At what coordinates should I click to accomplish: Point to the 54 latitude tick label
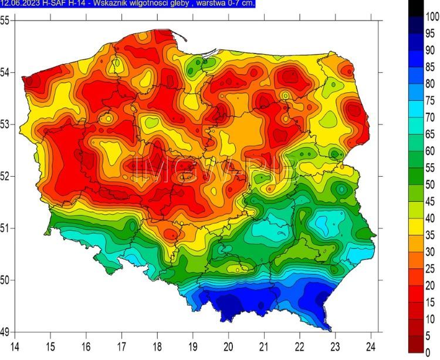tap(5, 73)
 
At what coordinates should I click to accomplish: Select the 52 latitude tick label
tap(5, 176)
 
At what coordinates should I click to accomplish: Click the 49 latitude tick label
tap(5, 332)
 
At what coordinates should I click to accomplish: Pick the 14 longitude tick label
tap(15, 345)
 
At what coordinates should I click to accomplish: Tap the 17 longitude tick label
tap(122, 345)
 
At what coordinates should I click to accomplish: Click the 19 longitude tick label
tap(193, 345)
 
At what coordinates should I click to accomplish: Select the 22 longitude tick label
tap(300, 345)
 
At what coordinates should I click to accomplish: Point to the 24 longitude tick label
tap(371, 345)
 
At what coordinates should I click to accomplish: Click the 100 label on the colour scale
tap(432, 17)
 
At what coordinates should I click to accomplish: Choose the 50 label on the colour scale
tap(430, 184)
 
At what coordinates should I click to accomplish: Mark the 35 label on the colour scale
tap(430, 235)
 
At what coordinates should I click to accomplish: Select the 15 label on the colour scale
tap(430, 302)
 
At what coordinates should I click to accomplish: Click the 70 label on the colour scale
tap(430, 117)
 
